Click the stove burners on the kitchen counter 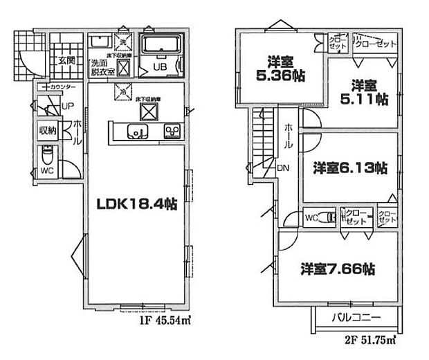(x=172, y=131)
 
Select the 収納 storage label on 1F (x=46, y=129)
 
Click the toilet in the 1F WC (x=47, y=154)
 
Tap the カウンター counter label (x=62, y=87)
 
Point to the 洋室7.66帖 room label (x=337, y=268)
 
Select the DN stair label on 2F (x=284, y=168)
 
